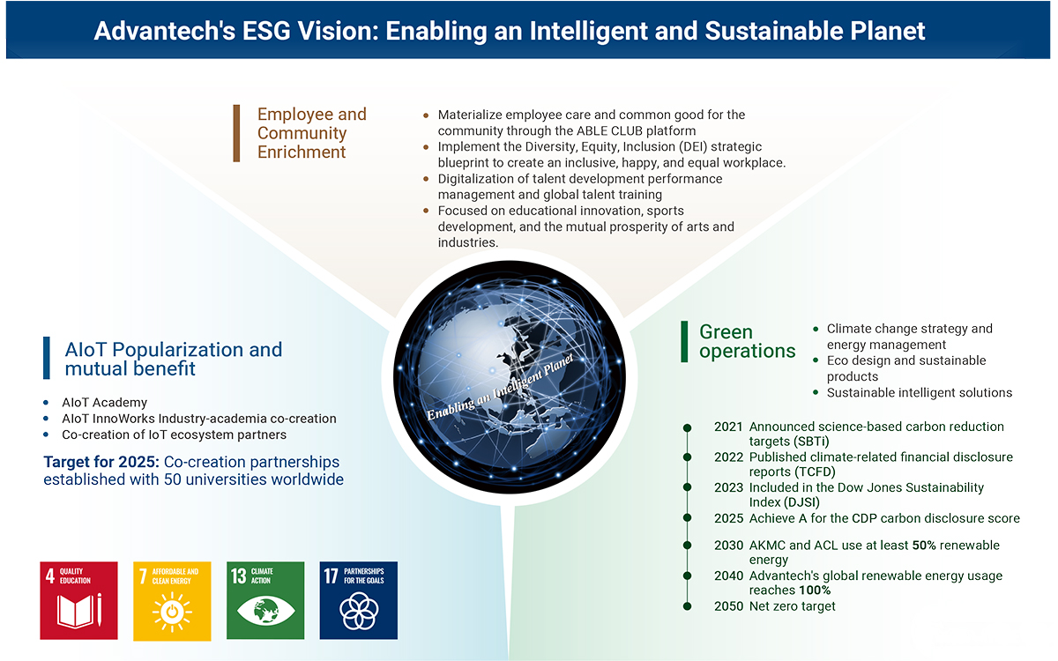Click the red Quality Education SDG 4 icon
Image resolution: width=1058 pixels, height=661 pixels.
coord(78,600)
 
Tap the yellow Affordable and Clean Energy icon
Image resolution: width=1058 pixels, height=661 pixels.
coord(172,601)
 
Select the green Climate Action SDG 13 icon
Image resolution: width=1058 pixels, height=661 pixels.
coord(265,600)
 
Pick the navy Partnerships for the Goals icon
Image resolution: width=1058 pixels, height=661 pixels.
coord(359,600)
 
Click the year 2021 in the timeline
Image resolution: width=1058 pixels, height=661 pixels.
coord(728,427)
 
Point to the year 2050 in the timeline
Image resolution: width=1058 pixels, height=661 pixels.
coord(728,606)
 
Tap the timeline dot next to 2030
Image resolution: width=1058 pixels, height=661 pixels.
coord(687,546)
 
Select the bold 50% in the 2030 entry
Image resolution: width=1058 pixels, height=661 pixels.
coord(924,546)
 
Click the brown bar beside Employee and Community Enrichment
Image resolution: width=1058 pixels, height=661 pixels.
coord(236,134)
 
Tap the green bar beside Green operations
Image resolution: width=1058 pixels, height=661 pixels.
coord(684,342)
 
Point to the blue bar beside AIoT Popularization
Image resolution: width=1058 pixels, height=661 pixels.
coord(46,358)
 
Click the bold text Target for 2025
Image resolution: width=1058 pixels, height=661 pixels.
coord(101,462)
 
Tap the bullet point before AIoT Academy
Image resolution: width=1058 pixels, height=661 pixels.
coord(46,403)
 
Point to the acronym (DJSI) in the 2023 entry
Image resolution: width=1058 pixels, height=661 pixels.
coord(801,501)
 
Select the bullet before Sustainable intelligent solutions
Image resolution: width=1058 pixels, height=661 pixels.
coord(816,393)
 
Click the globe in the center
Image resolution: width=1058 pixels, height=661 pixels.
coord(510,377)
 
